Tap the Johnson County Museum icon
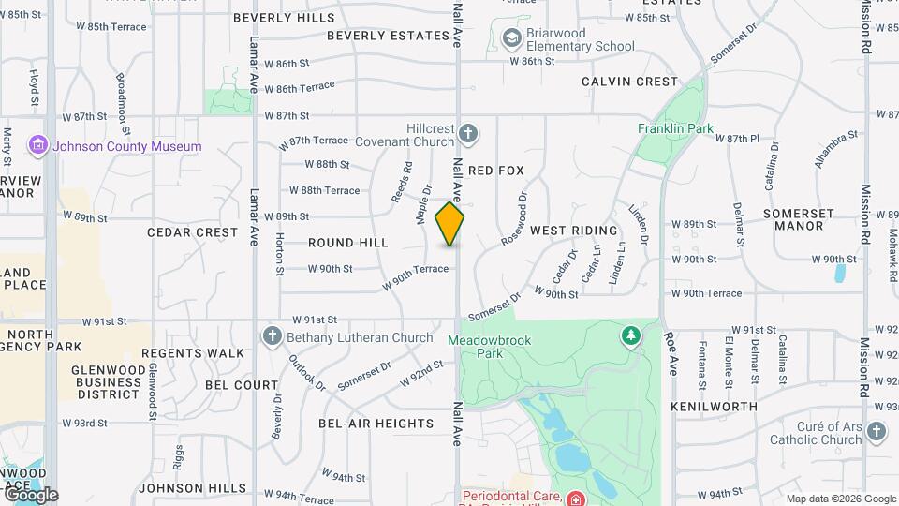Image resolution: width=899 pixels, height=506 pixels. pyautogui.click(x=38, y=146)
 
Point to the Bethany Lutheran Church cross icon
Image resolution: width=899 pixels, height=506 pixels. pyautogui.click(x=273, y=336)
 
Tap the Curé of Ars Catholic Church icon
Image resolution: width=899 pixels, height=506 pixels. pyautogui.click(x=876, y=432)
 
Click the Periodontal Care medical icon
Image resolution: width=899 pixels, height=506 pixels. pyautogui.click(x=574, y=498)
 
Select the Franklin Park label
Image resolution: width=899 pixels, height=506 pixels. pyautogui.click(x=675, y=128)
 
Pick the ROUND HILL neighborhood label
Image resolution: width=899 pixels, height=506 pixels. pyautogui.click(x=348, y=243)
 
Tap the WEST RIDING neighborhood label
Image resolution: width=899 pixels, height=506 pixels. pyautogui.click(x=574, y=231)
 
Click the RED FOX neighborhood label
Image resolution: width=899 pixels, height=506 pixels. pyautogui.click(x=496, y=171)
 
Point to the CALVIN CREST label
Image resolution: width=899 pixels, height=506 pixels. pyautogui.click(x=629, y=82)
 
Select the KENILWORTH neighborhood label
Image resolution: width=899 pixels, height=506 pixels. pyautogui.click(x=715, y=407)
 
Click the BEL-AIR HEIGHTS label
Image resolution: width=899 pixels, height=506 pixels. pyautogui.click(x=376, y=424)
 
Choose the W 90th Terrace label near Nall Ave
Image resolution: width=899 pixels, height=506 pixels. pyautogui.click(x=416, y=275)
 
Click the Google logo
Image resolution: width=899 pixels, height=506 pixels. pyautogui.click(x=30, y=494)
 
